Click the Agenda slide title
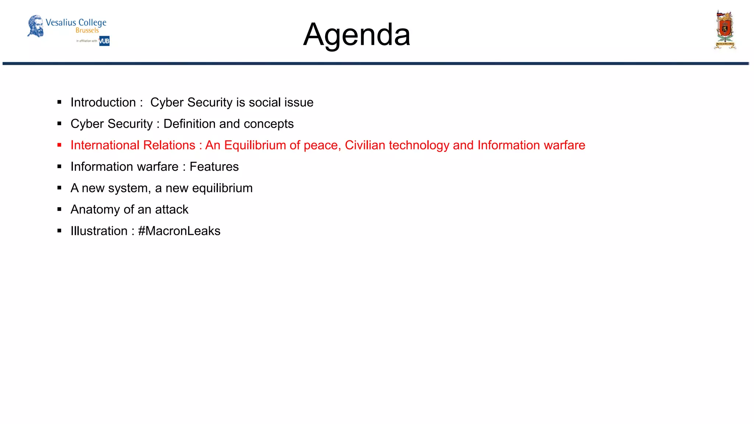tap(356, 35)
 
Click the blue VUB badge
tap(104, 41)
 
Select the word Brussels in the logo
tap(87, 31)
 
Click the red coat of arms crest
tap(725, 29)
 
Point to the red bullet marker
tap(59, 145)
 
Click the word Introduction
tap(103, 102)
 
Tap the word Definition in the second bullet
tap(189, 124)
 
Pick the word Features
tap(214, 167)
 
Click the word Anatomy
tap(95, 209)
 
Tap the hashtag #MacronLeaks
tap(179, 231)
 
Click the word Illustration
tap(99, 231)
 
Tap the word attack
tap(172, 209)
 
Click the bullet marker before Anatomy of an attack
tap(59, 209)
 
